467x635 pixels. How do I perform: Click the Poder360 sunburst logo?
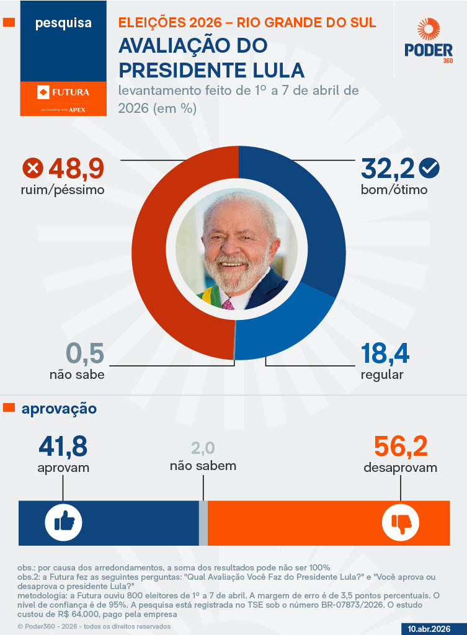(429, 31)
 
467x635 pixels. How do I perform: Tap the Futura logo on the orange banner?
(63, 93)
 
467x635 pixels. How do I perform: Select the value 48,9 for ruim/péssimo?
(76, 168)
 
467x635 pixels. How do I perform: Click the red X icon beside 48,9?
(32, 168)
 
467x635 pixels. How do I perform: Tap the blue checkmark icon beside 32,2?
(429, 167)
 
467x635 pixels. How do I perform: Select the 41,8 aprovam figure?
(63, 447)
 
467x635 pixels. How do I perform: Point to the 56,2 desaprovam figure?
(401, 447)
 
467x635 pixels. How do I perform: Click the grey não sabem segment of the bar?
(203, 523)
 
